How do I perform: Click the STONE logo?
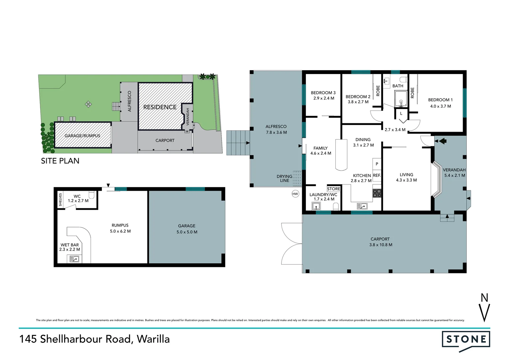[x=466, y=340]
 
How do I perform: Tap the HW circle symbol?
[x=295, y=194]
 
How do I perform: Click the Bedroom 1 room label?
[x=440, y=100]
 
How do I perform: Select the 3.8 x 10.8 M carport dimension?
[x=380, y=245]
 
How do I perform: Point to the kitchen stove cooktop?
[x=377, y=193]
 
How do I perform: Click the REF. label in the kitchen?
[x=377, y=175]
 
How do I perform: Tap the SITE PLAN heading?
[x=60, y=161]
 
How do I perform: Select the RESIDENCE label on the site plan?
[x=160, y=107]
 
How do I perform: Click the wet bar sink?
[x=74, y=259]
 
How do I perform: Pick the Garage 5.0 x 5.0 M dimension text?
[x=187, y=232]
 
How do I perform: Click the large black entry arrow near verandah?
[x=442, y=141]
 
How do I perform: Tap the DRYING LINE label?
[x=284, y=178]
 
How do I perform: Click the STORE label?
[x=333, y=189]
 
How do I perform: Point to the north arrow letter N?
[x=484, y=298]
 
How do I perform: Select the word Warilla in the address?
[x=153, y=339]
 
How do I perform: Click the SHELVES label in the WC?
[x=60, y=200]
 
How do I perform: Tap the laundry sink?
[x=316, y=207]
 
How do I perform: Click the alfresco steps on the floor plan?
[x=238, y=143]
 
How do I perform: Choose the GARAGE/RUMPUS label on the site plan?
[x=82, y=136]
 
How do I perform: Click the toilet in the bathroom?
[x=403, y=79]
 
